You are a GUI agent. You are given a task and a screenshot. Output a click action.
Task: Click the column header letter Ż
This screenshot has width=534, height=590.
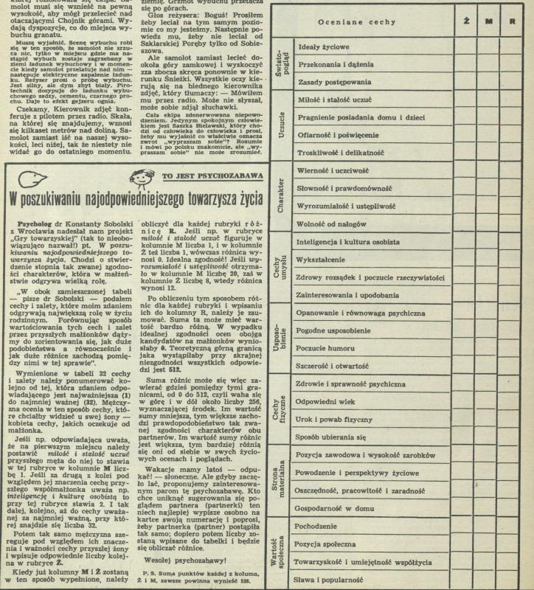coord(467,21)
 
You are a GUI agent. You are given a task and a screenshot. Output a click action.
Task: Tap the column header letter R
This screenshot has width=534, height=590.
coord(512,21)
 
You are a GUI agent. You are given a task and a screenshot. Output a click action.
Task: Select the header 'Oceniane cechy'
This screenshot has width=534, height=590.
coord(358,21)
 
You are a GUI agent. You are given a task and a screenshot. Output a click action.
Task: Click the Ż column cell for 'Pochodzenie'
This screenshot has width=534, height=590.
coord(467,528)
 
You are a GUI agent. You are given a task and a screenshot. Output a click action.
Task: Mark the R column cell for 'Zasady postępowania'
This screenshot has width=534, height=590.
coord(512,80)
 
